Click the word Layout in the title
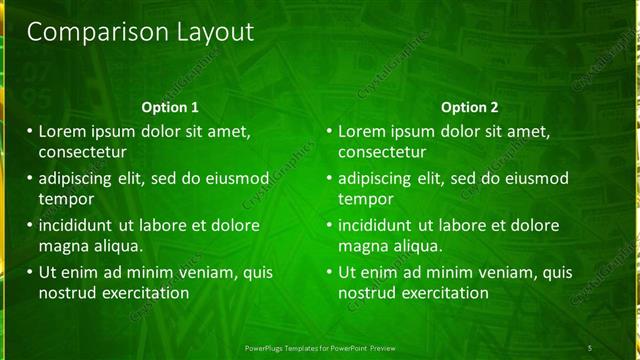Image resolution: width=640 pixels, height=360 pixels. (x=206, y=32)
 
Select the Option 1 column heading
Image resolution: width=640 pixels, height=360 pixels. (x=169, y=107)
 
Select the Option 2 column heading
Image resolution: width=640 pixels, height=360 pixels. (x=469, y=107)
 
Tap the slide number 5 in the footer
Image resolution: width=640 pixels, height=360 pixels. (x=589, y=348)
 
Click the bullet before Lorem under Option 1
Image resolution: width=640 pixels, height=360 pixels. (x=29, y=131)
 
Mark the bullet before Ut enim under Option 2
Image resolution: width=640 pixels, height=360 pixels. (x=329, y=271)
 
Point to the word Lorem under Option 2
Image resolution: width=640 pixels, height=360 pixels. (x=362, y=131)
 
